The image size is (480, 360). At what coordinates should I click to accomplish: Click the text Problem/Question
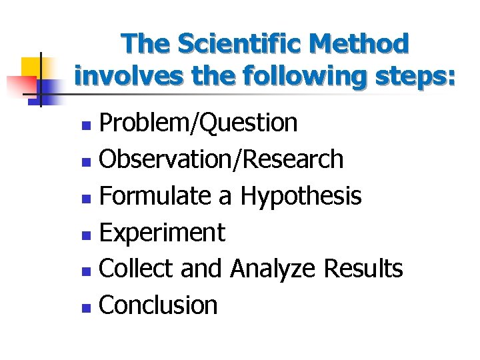(x=198, y=123)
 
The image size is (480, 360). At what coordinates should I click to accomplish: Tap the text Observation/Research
(x=221, y=159)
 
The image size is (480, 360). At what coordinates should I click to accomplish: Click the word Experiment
(x=162, y=233)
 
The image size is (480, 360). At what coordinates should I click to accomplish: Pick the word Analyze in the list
(x=273, y=269)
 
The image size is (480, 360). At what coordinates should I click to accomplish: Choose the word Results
(x=363, y=269)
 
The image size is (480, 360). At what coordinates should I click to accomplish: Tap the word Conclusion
(x=158, y=305)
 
